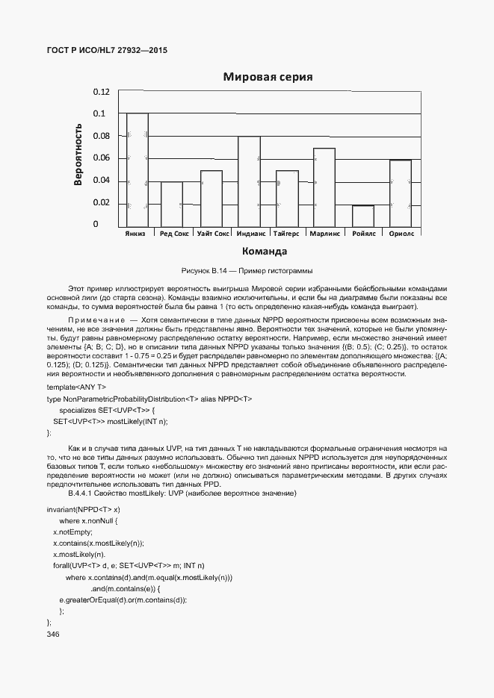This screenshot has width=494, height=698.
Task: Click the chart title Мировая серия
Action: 268,77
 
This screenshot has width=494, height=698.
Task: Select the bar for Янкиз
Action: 138,170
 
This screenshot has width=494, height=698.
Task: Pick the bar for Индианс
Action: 249,181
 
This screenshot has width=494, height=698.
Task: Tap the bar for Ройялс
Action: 362,216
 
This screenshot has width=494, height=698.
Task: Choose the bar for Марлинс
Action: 324,187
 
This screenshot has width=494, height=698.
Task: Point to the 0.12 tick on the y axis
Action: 101,92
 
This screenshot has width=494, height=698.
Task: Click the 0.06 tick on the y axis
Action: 101,158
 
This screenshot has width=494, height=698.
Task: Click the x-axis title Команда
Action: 265,251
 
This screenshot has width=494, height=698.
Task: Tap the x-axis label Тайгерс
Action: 287,233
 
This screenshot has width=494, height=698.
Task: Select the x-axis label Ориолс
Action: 401,233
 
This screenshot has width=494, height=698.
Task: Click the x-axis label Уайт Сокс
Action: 212,233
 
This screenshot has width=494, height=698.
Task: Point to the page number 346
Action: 52,634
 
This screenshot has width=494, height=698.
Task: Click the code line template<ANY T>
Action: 77,387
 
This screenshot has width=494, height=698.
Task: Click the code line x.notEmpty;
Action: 72,532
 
